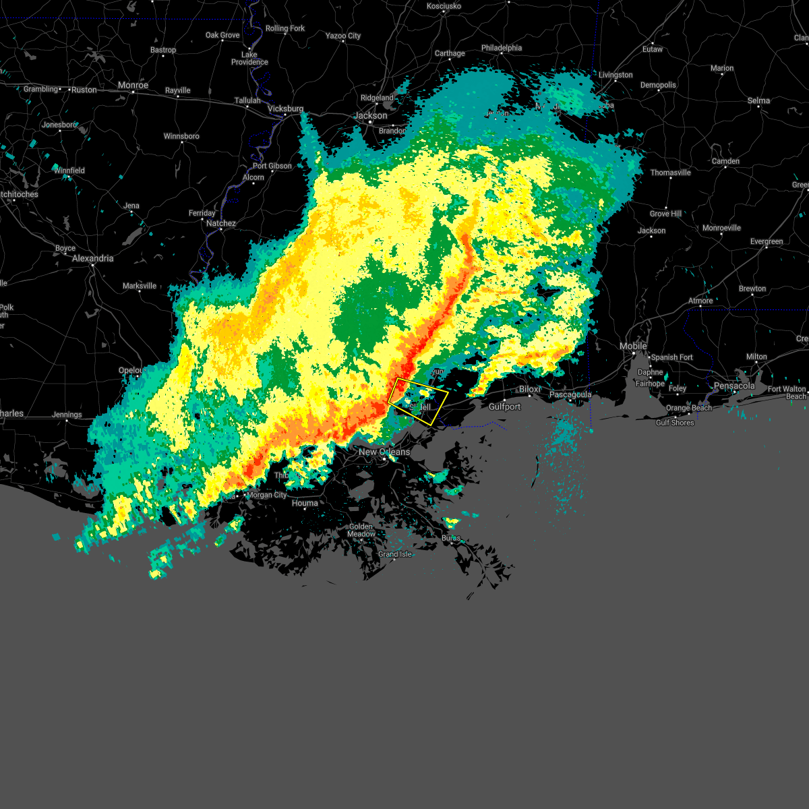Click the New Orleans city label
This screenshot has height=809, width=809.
(384, 452)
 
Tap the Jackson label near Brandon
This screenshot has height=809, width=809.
(371, 115)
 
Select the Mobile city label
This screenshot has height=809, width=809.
(633, 346)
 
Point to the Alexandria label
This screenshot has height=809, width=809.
(92, 258)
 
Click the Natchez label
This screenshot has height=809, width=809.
(221, 223)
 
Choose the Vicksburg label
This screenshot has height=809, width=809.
(285, 109)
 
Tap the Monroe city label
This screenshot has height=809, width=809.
(133, 86)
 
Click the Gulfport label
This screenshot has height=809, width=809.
(504, 407)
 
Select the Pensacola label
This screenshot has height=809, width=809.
(734, 386)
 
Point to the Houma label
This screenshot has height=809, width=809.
(305, 503)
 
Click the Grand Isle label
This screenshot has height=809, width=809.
(394, 554)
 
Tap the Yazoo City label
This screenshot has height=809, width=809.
(343, 36)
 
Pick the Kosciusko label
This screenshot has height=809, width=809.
(444, 6)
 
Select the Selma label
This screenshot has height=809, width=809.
(758, 100)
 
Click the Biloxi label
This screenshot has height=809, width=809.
(531, 390)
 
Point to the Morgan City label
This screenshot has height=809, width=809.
(266, 495)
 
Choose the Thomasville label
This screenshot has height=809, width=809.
(670, 173)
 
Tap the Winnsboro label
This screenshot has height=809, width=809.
(181, 136)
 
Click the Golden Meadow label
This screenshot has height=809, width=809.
(361, 530)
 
